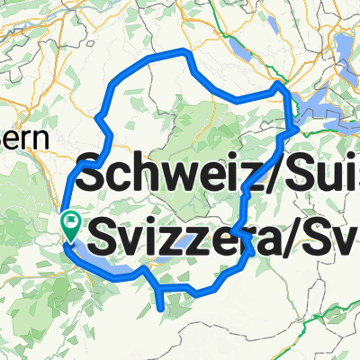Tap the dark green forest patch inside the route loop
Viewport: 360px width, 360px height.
pyautogui.click(x=193, y=126)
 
